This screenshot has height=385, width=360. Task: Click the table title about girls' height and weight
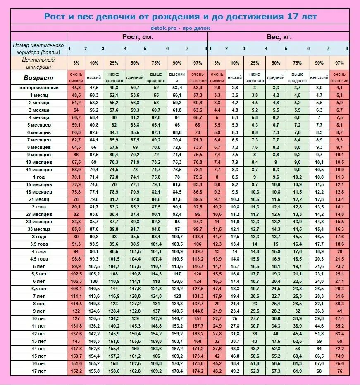(x=180, y=17)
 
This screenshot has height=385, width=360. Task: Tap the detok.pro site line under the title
(x=180, y=29)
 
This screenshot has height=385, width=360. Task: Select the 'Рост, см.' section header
(x=138, y=37)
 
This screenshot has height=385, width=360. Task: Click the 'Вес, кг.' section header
(x=279, y=37)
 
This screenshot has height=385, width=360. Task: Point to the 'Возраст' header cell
(x=38, y=77)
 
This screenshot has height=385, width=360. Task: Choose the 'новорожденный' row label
(x=39, y=88)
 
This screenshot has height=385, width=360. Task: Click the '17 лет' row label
(x=39, y=371)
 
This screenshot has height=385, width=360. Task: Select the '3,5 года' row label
(x=39, y=244)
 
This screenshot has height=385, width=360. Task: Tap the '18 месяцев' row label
(x=39, y=192)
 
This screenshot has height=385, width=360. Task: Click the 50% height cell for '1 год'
(x=135, y=177)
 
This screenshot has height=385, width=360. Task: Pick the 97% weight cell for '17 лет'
(x=339, y=371)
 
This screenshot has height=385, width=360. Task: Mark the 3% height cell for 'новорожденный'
(x=76, y=88)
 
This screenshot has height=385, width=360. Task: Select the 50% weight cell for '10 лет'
(x=276, y=319)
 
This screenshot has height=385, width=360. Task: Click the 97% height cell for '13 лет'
(x=197, y=341)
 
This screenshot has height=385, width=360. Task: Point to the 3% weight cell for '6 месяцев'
(x=217, y=132)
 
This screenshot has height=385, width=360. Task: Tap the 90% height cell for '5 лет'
(x=177, y=267)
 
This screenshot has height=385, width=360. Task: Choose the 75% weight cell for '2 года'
(x=297, y=207)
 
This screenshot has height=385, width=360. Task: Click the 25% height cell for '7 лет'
(x=114, y=297)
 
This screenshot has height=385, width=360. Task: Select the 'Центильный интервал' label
(x=38, y=63)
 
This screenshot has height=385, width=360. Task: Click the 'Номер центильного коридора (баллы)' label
(x=38, y=49)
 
